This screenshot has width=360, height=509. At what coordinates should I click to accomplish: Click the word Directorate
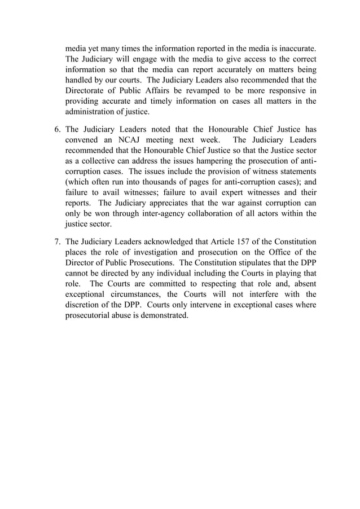(88, 90)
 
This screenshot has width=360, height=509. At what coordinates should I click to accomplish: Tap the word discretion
(85, 305)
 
